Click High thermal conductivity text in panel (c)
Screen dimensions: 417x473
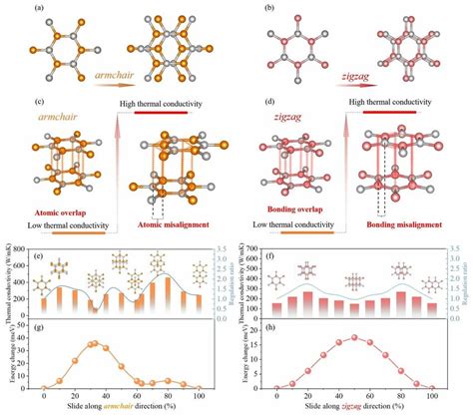click(167, 98)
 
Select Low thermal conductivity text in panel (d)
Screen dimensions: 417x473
click(300, 226)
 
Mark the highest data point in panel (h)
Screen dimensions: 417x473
click(354, 337)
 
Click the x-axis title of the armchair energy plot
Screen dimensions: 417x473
click(121, 407)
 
